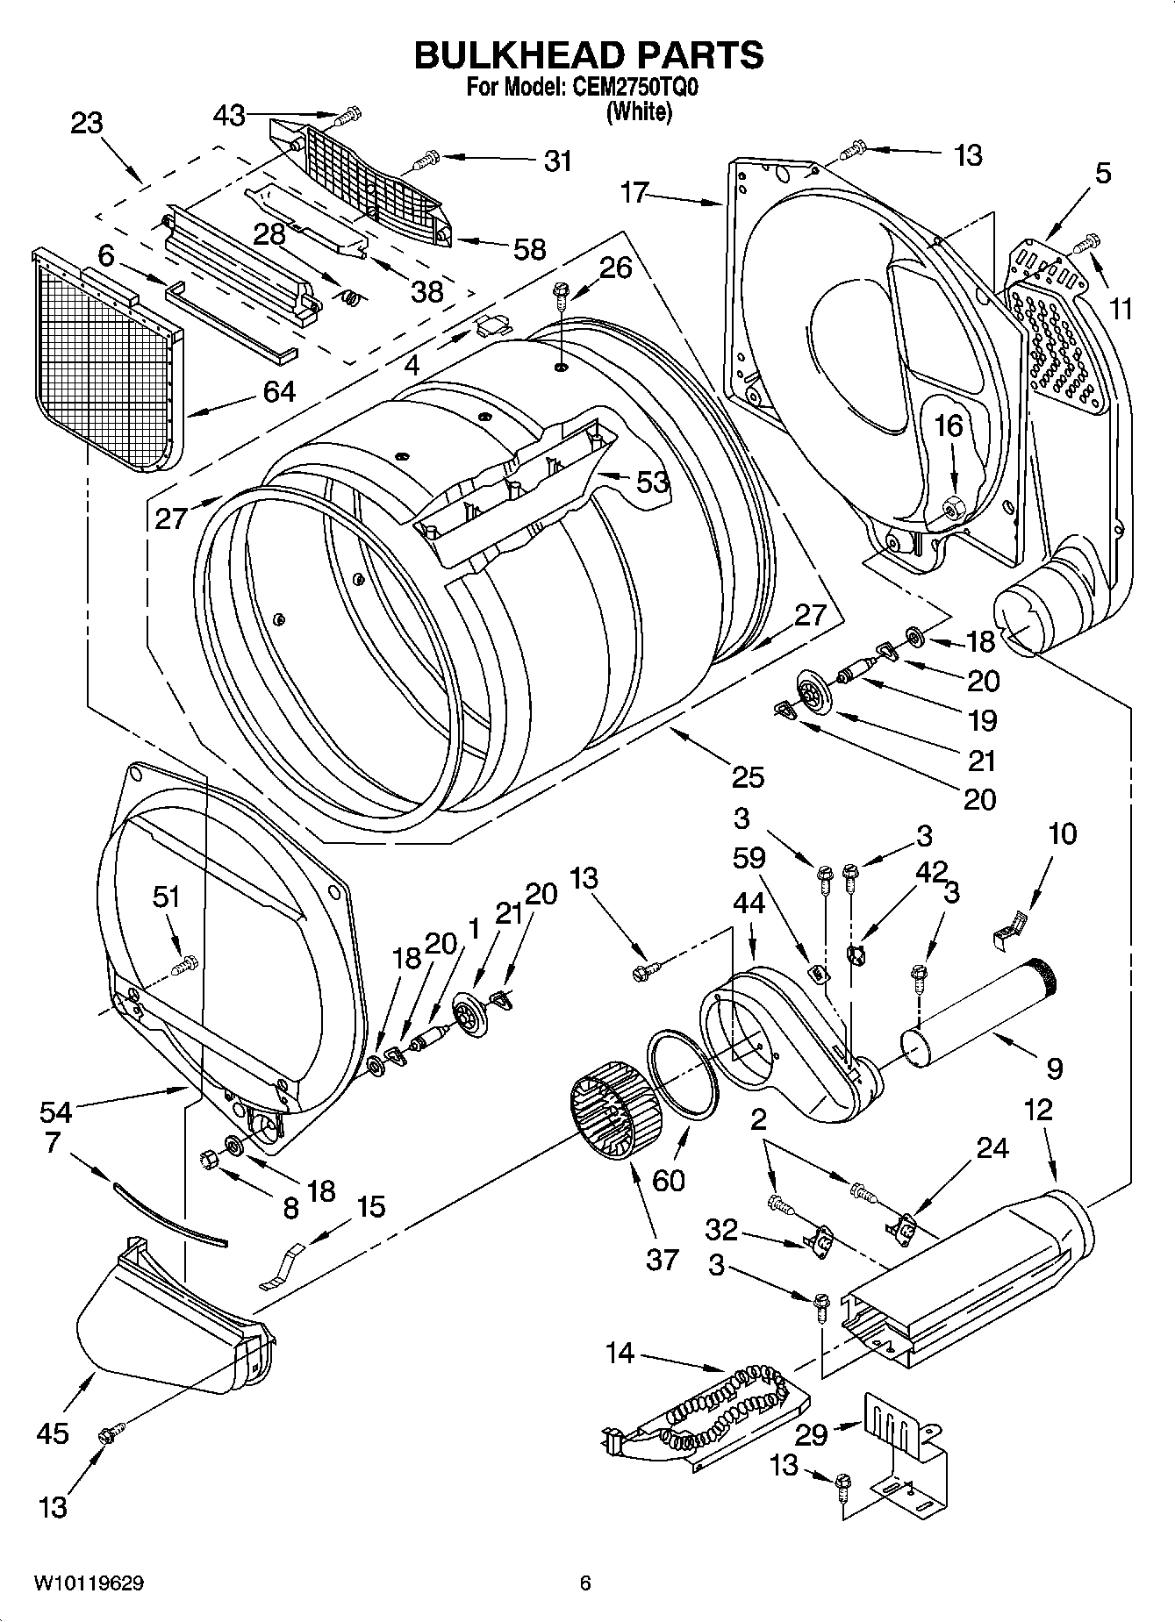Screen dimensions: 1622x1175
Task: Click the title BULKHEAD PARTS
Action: pyautogui.click(x=588, y=54)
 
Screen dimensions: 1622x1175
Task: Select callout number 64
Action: pyautogui.click(x=279, y=391)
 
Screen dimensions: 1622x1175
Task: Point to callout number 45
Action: pyautogui.click(x=53, y=1433)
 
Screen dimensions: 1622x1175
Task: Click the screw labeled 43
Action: pyautogui.click(x=349, y=114)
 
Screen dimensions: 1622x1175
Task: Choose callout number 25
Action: pyautogui.click(x=748, y=776)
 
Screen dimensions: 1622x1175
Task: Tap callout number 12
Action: pyautogui.click(x=1037, y=1110)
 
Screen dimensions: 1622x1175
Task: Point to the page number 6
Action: pyautogui.click(x=585, y=1583)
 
